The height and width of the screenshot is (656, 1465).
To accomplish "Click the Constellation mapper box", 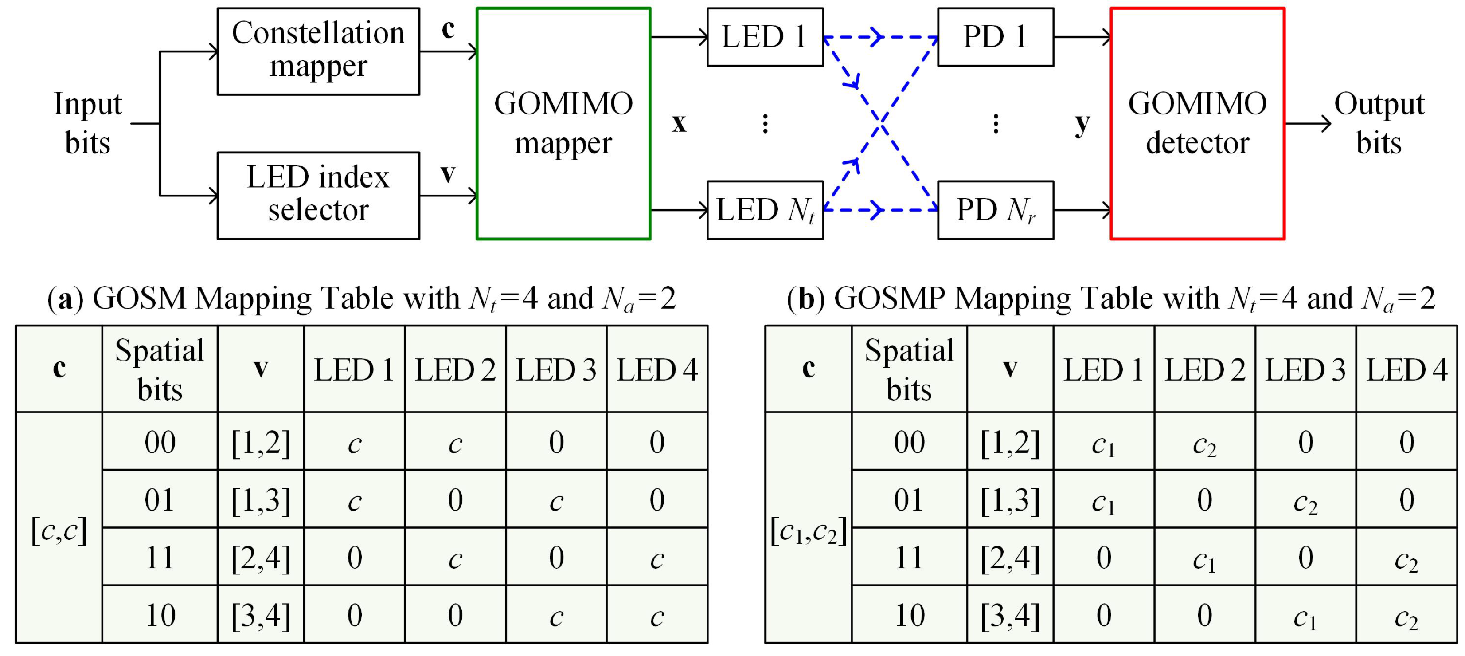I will (x=318, y=51).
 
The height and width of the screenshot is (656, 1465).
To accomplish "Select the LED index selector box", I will (x=318, y=195).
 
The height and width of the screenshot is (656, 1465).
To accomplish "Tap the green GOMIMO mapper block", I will (x=563, y=123).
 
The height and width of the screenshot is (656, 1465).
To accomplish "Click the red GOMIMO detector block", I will (x=1197, y=123).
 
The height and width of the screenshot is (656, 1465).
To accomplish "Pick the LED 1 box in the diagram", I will (x=765, y=37).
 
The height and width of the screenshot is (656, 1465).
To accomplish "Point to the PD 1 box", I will (x=995, y=37).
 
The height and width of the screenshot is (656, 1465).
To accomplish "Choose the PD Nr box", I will (x=995, y=210).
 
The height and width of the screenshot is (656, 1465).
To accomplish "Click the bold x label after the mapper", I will (x=679, y=123).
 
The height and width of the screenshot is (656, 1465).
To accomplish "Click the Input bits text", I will (x=88, y=123).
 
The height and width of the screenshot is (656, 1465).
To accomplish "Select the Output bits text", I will (x=1379, y=123).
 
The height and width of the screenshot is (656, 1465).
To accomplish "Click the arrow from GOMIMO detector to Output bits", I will (x=1308, y=123).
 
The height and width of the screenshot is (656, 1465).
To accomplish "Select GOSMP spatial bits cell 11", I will (x=909, y=557).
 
